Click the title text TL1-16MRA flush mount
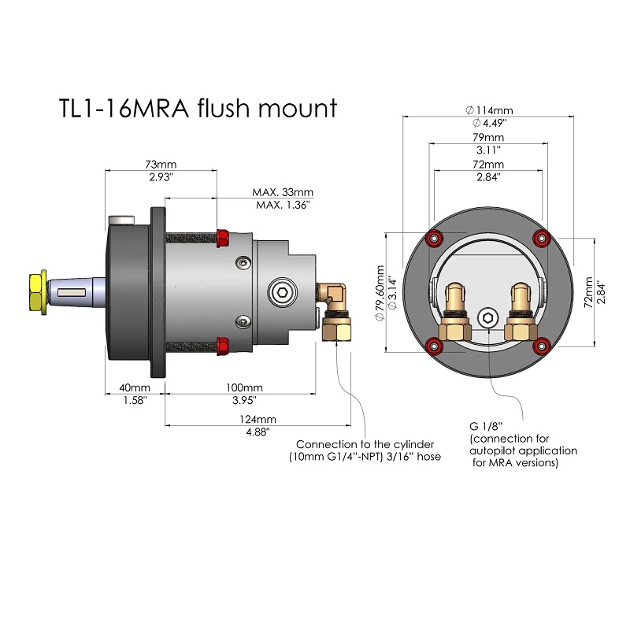pyautogui.click(x=198, y=109)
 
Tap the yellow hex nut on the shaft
pyautogui.click(x=37, y=291)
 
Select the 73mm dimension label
pyautogui.click(x=161, y=165)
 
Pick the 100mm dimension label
pyautogui.click(x=243, y=388)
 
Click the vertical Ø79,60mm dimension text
pyautogui.click(x=379, y=291)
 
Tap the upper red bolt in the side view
pyautogui.click(x=222, y=236)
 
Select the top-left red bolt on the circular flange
pyautogui.click(x=432, y=239)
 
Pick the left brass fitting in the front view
pyautogui.click(x=455, y=311)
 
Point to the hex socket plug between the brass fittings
pyautogui.click(x=487, y=318)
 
